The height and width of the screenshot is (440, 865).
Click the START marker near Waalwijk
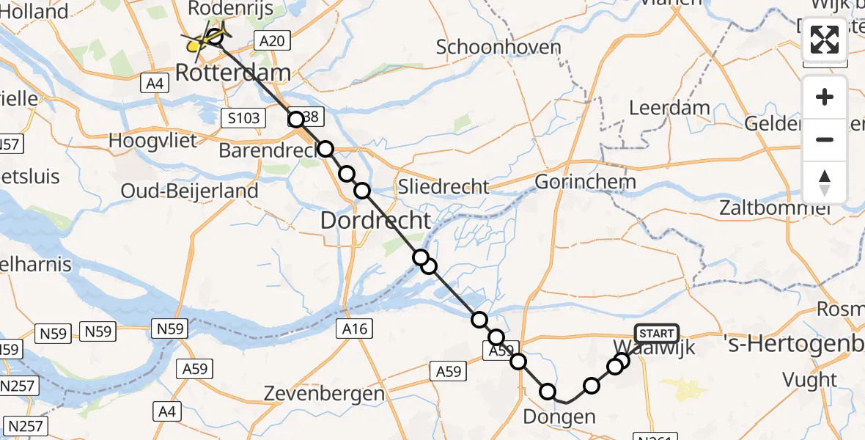656,334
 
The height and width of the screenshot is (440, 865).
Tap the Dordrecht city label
376,219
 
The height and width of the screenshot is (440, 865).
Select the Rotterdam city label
232,72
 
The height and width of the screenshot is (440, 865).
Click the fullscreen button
825,40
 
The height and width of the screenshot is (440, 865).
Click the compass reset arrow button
825,182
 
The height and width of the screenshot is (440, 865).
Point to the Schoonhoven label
498,48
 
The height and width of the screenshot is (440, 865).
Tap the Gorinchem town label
585,181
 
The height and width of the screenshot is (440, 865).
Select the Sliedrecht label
443,186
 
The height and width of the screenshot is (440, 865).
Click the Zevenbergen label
325,393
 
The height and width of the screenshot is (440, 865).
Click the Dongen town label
559,418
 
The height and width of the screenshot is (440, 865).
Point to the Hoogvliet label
152,139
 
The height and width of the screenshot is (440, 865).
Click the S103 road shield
241,117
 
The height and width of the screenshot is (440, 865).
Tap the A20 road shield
272,40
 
